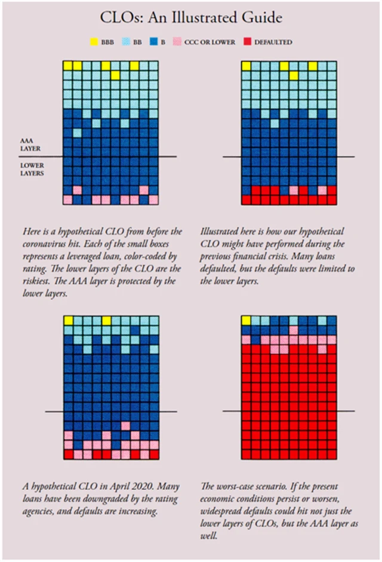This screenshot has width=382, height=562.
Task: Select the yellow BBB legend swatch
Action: tap(94, 42)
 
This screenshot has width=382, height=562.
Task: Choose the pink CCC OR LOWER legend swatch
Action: tap(177, 42)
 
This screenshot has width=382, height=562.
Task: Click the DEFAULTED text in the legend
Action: tap(273, 42)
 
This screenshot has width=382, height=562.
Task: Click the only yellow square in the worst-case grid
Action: tap(246, 321)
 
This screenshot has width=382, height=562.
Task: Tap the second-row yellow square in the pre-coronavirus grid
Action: tap(115, 75)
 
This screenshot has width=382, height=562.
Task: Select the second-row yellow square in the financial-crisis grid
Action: tap(294, 75)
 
